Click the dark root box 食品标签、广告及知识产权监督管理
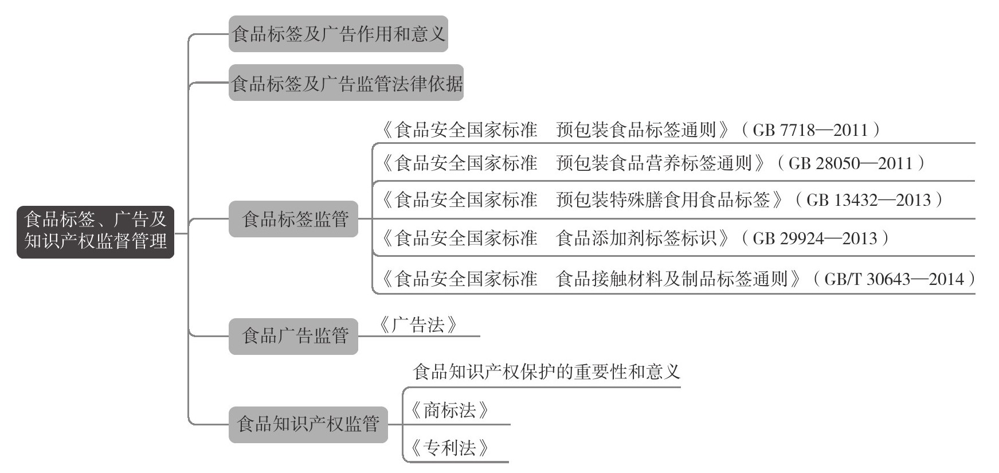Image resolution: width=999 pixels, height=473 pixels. click(x=95, y=231)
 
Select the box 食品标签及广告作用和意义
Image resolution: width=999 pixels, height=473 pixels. click(x=338, y=34)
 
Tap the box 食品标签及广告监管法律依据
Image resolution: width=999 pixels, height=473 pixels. click(x=346, y=83)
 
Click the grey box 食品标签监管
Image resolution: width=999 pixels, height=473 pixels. click(x=293, y=219)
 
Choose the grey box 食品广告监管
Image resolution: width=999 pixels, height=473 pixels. click(x=293, y=336)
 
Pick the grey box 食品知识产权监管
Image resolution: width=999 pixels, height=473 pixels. click(x=308, y=424)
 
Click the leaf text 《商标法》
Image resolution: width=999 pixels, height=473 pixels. click(x=450, y=411)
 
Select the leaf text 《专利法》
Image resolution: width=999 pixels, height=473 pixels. click(x=450, y=448)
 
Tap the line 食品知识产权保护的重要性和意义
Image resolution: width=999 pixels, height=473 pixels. click(x=546, y=372)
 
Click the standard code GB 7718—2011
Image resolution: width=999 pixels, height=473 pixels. click(x=810, y=130)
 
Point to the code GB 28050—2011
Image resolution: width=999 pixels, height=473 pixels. click(x=850, y=163)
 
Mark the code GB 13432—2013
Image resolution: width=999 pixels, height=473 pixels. click(x=868, y=200)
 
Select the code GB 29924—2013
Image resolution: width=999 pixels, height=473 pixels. click(x=814, y=238)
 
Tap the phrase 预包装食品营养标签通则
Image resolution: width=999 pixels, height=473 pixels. click(x=654, y=163)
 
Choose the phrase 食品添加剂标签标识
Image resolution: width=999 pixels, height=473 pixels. click(x=636, y=238)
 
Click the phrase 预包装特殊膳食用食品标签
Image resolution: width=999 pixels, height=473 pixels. click(x=663, y=200)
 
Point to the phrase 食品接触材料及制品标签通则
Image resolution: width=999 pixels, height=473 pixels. click(x=672, y=279)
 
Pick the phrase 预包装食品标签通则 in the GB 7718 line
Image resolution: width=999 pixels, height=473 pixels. click(x=636, y=130)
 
